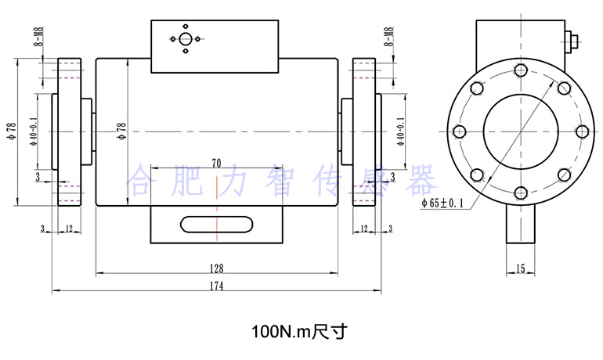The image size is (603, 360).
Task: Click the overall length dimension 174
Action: point(217,286)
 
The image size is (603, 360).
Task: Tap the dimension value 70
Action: point(216,163)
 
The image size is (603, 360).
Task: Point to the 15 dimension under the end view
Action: point(520,268)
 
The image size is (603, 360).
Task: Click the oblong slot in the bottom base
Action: point(216,225)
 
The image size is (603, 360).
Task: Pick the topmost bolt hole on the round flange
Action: point(520,70)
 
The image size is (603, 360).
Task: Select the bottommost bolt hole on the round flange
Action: point(520,191)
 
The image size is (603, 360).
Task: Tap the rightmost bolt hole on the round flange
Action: point(580,131)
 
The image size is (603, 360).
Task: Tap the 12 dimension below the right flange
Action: point(364,229)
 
